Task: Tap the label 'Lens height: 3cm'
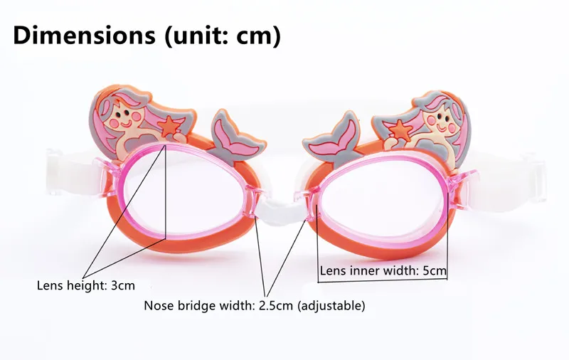click(x=85, y=286)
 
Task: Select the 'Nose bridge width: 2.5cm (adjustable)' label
click(x=255, y=307)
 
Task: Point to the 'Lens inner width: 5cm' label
click(x=383, y=270)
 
